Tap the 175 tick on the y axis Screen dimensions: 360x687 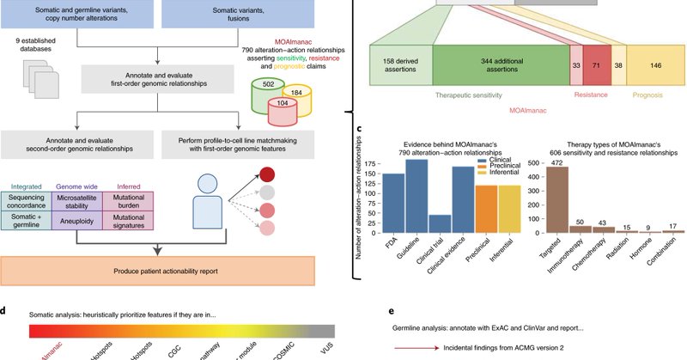[x=367, y=163]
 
